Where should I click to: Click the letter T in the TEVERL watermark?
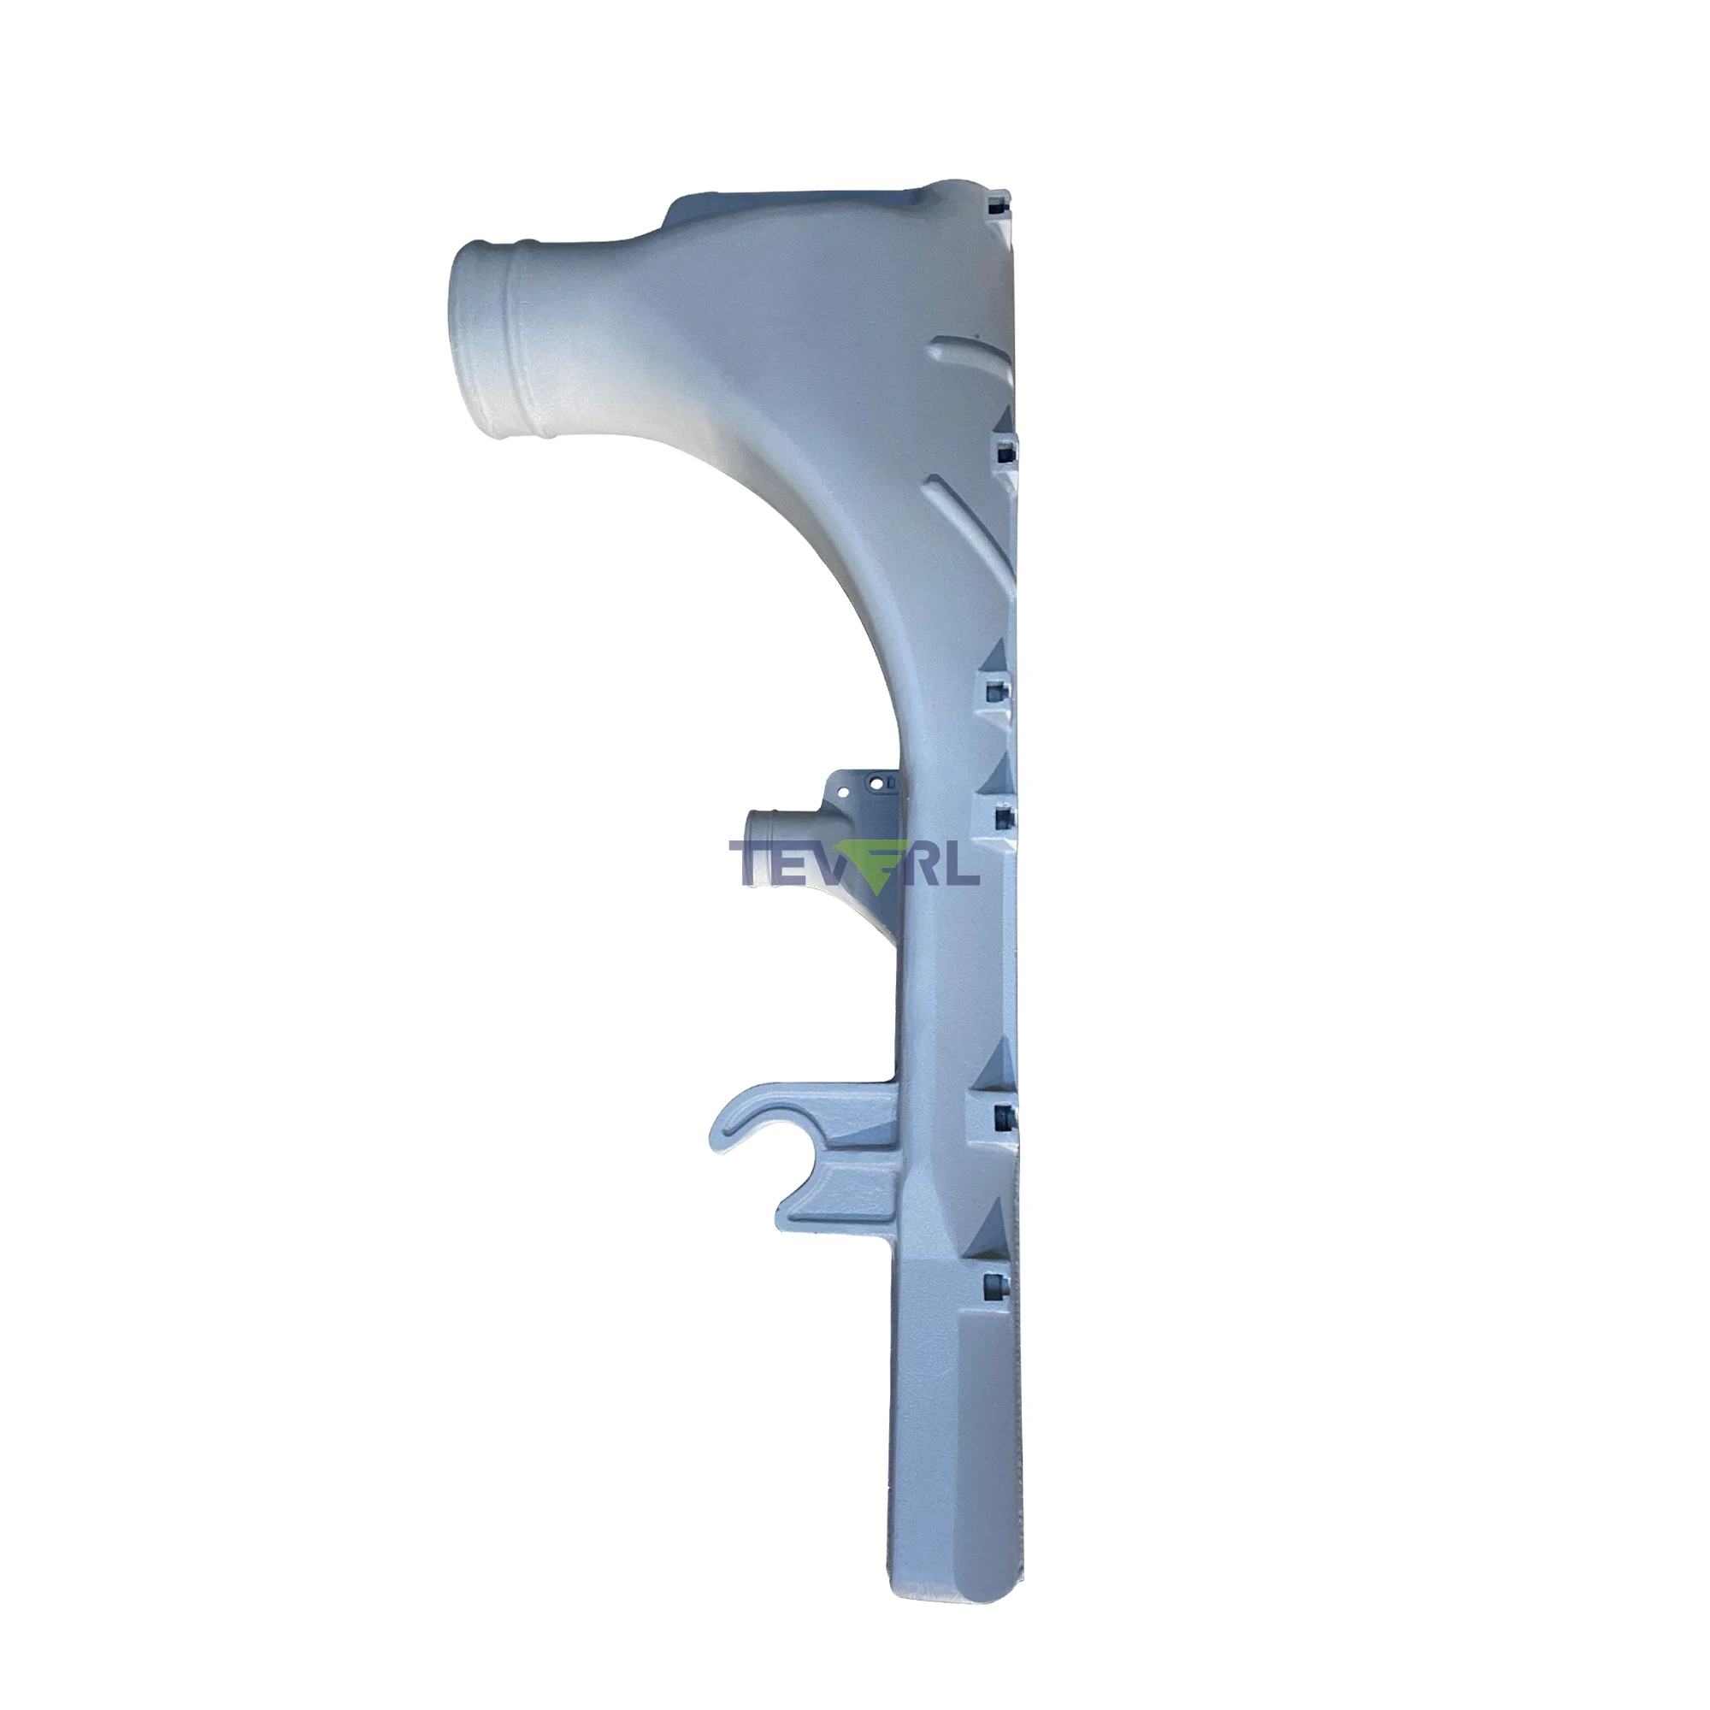(749, 863)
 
